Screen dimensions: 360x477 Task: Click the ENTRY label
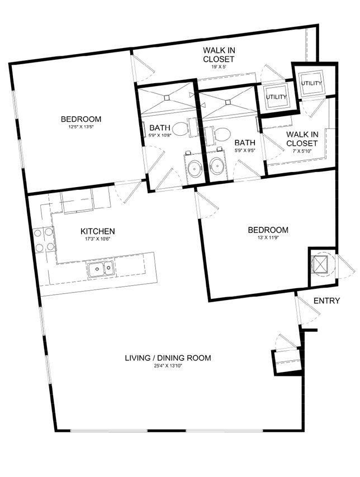(326, 301)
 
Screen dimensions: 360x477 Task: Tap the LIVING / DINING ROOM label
(168, 357)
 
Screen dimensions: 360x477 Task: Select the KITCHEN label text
(97, 231)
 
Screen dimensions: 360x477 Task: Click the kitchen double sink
(101, 269)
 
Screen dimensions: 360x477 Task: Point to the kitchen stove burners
(44, 240)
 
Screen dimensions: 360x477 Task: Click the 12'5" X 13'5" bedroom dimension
(81, 127)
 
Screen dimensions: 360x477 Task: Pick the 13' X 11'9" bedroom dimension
(268, 237)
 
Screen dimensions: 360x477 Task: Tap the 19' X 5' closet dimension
(219, 66)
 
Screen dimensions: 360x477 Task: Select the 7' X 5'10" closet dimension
(301, 151)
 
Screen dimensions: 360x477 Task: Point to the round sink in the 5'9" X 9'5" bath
(217, 166)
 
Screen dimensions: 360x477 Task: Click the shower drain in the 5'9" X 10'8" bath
(167, 98)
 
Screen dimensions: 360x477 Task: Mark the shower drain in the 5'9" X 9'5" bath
(228, 102)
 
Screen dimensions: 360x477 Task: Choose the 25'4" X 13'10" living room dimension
(168, 366)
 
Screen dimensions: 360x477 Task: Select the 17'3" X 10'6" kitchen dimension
(97, 239)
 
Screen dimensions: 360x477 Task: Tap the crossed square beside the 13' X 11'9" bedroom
(321, 264)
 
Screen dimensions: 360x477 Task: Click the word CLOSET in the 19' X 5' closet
(219, 59)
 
